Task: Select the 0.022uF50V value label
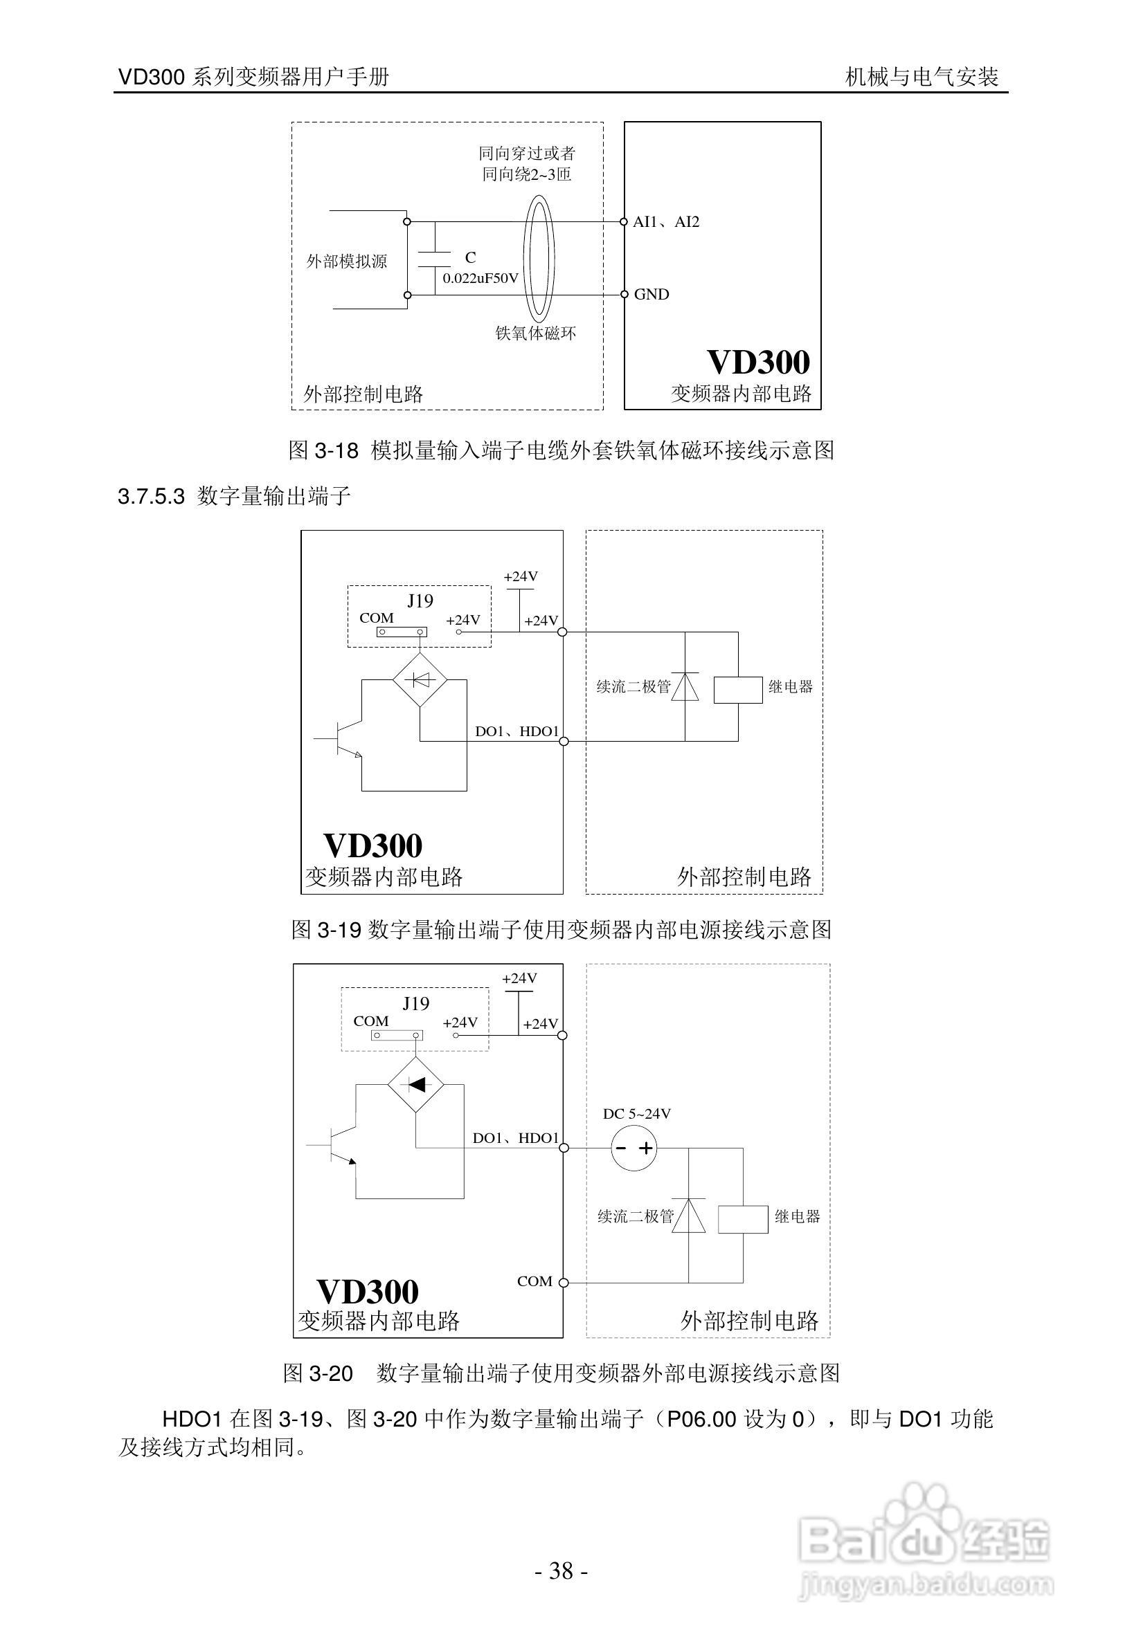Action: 480,278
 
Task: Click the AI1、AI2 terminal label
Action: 665,222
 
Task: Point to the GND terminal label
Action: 652,294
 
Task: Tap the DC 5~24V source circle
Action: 634,1148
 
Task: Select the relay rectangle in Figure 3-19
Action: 737,689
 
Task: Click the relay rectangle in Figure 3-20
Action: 742,1219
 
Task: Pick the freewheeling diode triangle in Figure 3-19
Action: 685,686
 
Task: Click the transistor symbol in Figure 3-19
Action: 344,739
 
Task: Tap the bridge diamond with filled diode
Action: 415,1084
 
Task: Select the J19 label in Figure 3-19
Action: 420,601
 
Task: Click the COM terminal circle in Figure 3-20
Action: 564,1282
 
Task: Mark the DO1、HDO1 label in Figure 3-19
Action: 516,731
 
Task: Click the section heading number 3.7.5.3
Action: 151,496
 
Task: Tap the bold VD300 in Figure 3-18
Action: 758,363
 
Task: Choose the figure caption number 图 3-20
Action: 318,1373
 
